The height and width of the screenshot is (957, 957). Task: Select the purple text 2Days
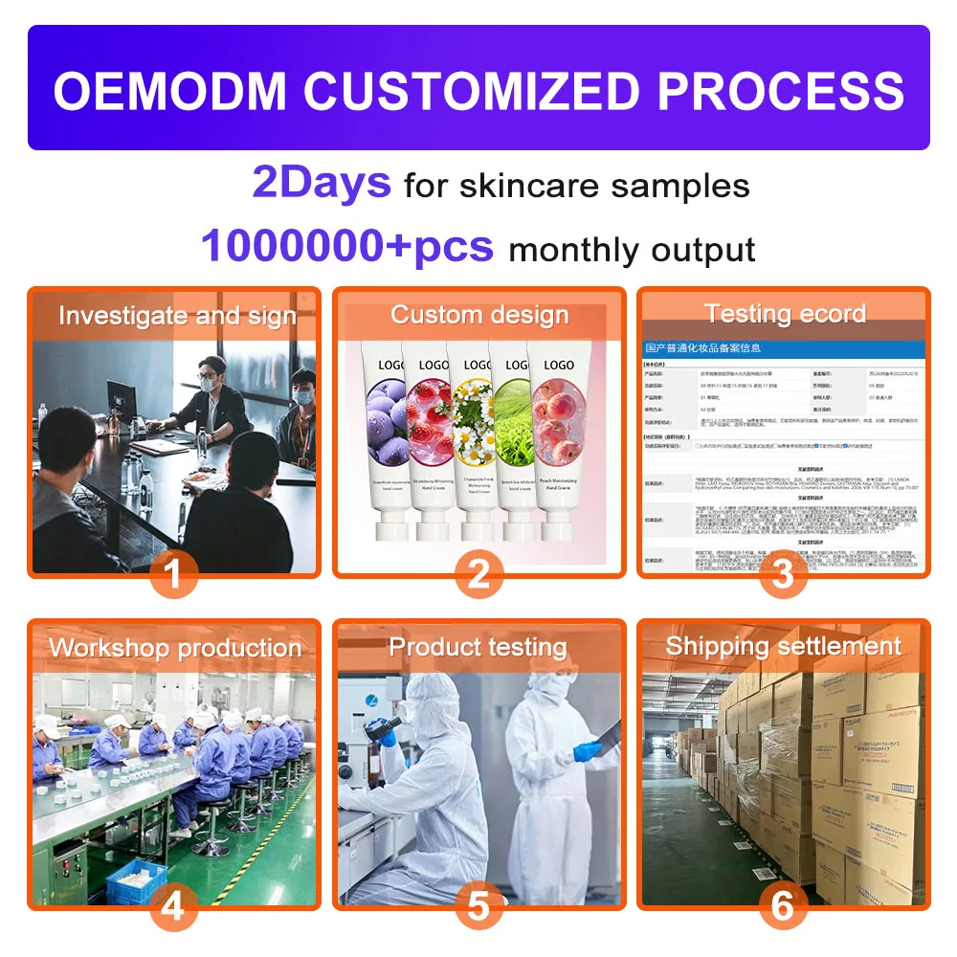(322, 182)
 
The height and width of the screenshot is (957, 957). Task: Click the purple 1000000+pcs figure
(347, 246)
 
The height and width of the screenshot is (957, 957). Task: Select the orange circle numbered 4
(173, 905)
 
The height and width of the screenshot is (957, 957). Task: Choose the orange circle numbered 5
(478, 905)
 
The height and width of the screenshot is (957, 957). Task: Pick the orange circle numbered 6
(783, 905)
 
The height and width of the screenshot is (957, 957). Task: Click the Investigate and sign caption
(177, 316)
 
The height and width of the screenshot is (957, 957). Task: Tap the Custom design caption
(479, 315)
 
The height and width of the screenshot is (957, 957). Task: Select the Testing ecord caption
(785, 314)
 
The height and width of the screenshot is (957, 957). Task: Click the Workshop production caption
(175, 648)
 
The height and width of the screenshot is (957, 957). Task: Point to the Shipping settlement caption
(783, 646)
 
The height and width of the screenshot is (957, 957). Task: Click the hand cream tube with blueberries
(385, 440)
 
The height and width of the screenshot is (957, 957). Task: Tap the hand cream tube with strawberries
(430, 440)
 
